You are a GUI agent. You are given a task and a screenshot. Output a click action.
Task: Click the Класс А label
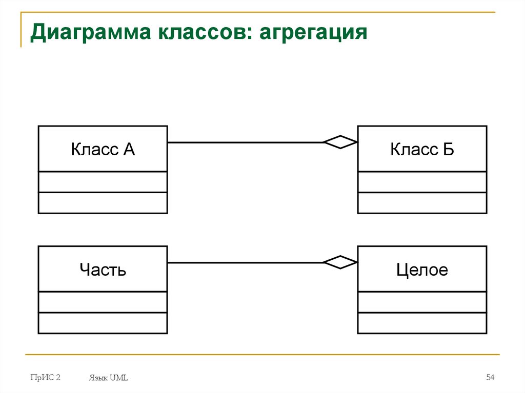pyautogui.click(x=103, y=150)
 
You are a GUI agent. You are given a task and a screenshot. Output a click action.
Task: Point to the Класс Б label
pyautogui.click(x=422, y=150)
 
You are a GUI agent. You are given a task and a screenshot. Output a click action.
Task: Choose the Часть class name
pyautogui.click(x=103, y=270)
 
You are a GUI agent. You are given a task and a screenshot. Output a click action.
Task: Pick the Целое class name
pyautogui.click(x=422, y=270)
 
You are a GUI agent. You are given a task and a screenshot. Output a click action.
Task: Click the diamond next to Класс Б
pyautogui.click(x=340, y=142)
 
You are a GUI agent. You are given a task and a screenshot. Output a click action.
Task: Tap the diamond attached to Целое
pyautogui.click(x=340, y=262)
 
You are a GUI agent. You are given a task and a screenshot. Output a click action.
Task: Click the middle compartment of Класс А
pyautogui.click(x=103, y=182)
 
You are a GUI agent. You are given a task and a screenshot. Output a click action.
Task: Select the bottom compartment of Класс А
pyautogui.click(x=103, y=203)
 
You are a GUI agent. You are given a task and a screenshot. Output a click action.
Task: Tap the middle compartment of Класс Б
pyautogui.click(x=422, y=182)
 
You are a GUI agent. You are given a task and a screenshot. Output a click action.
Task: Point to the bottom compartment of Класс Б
pyautogui.click(x=422, y=203)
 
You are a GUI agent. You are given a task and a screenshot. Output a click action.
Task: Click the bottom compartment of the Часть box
pyautogui.click(x=103, y=323)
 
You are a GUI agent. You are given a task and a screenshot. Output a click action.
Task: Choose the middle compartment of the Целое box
pyautogui.click(x=422, y=302)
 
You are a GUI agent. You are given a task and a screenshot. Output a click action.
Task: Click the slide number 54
pyautogui.click(x=490, y=378)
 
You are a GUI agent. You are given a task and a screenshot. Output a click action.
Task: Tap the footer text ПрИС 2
pyautogui.click(x=45, y=378)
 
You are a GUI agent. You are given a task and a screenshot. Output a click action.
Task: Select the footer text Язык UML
pyautogui.click(x=108, y=378)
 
